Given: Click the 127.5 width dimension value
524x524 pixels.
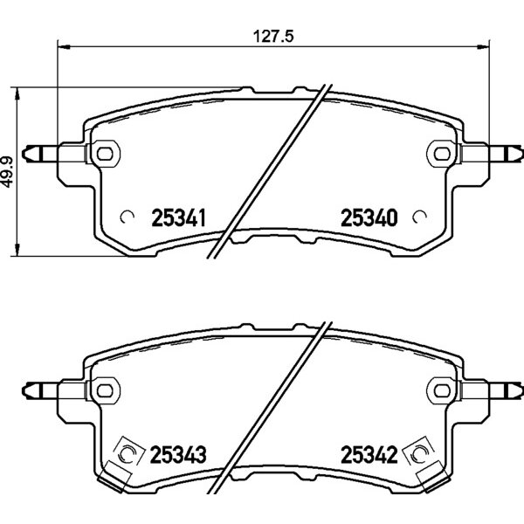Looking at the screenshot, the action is tap(273, 36).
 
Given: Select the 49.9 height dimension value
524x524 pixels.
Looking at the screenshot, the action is tap(7, 172).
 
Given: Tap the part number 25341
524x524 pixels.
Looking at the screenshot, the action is tap(178, 217).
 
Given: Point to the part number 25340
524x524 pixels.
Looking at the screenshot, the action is tap(369, 217).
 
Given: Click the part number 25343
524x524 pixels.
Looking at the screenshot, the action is tap(178, 454).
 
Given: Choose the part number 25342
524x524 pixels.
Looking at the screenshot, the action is tap(369, 454).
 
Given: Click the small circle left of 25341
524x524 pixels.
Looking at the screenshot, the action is tap(127, 217).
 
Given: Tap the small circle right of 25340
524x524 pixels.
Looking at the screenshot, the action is tap(419, 217).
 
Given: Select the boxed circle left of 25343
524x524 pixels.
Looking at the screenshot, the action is tap(128, 453).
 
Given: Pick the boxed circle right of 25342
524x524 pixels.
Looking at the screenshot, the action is tap(418, 453).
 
